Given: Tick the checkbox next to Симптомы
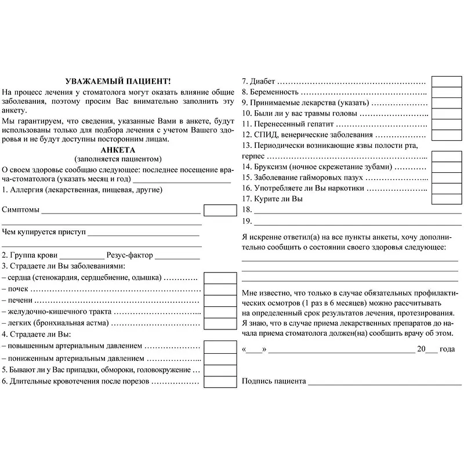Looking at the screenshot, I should [x=220, y=210].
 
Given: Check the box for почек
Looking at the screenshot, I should [x=220, y=289].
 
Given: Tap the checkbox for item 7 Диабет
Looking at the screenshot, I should [x=447, y=81].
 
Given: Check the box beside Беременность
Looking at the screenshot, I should [x=447, y=92].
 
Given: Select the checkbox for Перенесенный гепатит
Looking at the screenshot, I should [x=447, y=124].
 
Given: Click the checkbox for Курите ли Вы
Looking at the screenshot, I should [x=447, y=199].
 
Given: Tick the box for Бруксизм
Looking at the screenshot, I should [x=447, y=167].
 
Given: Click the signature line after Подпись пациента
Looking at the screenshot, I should [x=384, y=383].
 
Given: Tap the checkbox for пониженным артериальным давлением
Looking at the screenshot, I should [x=220, y=358].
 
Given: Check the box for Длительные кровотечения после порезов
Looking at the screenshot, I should [x=220, y=381].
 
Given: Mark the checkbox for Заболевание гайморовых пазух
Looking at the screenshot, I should [x=447, y=177].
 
